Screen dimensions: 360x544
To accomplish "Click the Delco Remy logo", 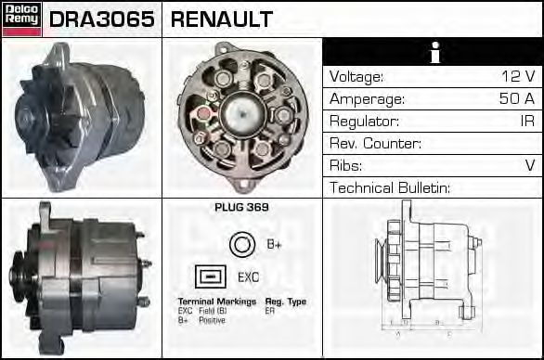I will [20, 18].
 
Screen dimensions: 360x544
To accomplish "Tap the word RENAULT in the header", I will [223, 19].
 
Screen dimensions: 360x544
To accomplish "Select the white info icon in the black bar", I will [433, 52].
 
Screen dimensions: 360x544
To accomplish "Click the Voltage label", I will [356, 77].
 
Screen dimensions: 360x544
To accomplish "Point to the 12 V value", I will [517, 77].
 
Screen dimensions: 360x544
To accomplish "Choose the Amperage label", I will [367, 99].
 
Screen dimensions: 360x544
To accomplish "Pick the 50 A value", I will [517, 99].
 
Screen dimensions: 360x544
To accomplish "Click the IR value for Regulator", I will [526, 122].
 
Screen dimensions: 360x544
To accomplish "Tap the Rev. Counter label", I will [376, 144].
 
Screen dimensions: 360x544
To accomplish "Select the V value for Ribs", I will [530, 166].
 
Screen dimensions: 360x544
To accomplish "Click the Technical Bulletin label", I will [390, 188].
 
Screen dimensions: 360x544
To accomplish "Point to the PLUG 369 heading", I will [241, 208].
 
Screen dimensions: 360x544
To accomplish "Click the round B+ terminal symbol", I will [240, 244].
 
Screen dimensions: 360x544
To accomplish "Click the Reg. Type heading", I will [286, 302].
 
